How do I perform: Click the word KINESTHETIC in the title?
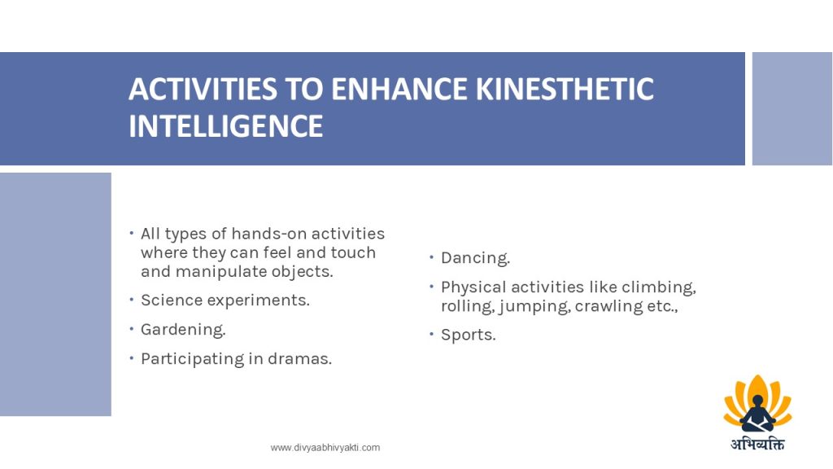tap(565, 89)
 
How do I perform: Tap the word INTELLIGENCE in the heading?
tap(226, 126)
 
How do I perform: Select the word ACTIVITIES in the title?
tap(203, 89)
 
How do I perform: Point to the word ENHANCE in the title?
tap(399, 89)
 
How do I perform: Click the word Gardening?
tap(183, 331)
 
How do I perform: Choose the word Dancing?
tap(475, 258)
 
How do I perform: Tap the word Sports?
tap(468, 335)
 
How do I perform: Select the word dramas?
tap(299, 359)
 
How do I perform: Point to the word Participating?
tap(192, 359)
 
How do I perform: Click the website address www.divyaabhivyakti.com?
tap(325, 448)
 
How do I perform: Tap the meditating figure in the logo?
tap(757, 414)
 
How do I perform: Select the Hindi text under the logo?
tap(757, 444)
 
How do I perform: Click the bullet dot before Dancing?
tap(432, 257)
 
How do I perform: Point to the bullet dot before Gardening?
tap(131, 329)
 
